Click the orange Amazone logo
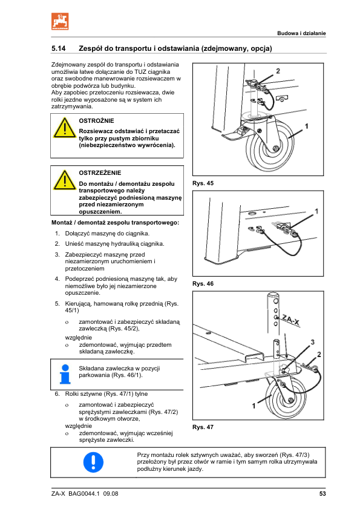(60, 21)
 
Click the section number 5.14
(59, 48)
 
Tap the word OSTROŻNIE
(96, 121)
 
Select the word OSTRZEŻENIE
(100, 173)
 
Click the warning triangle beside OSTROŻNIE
(65, 128)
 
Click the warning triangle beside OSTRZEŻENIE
(65, 180)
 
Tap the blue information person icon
(65, 374)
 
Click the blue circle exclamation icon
(94, 462)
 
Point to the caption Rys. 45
(203, 183)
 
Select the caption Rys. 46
(203, 284)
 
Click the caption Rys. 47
(203, 427)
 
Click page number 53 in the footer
(322, 494)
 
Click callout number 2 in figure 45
(278, 71)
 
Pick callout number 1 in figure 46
(316, 211)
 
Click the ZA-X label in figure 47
(291, 320)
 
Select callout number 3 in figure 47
(312, 342)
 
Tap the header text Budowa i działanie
(301, 33)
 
